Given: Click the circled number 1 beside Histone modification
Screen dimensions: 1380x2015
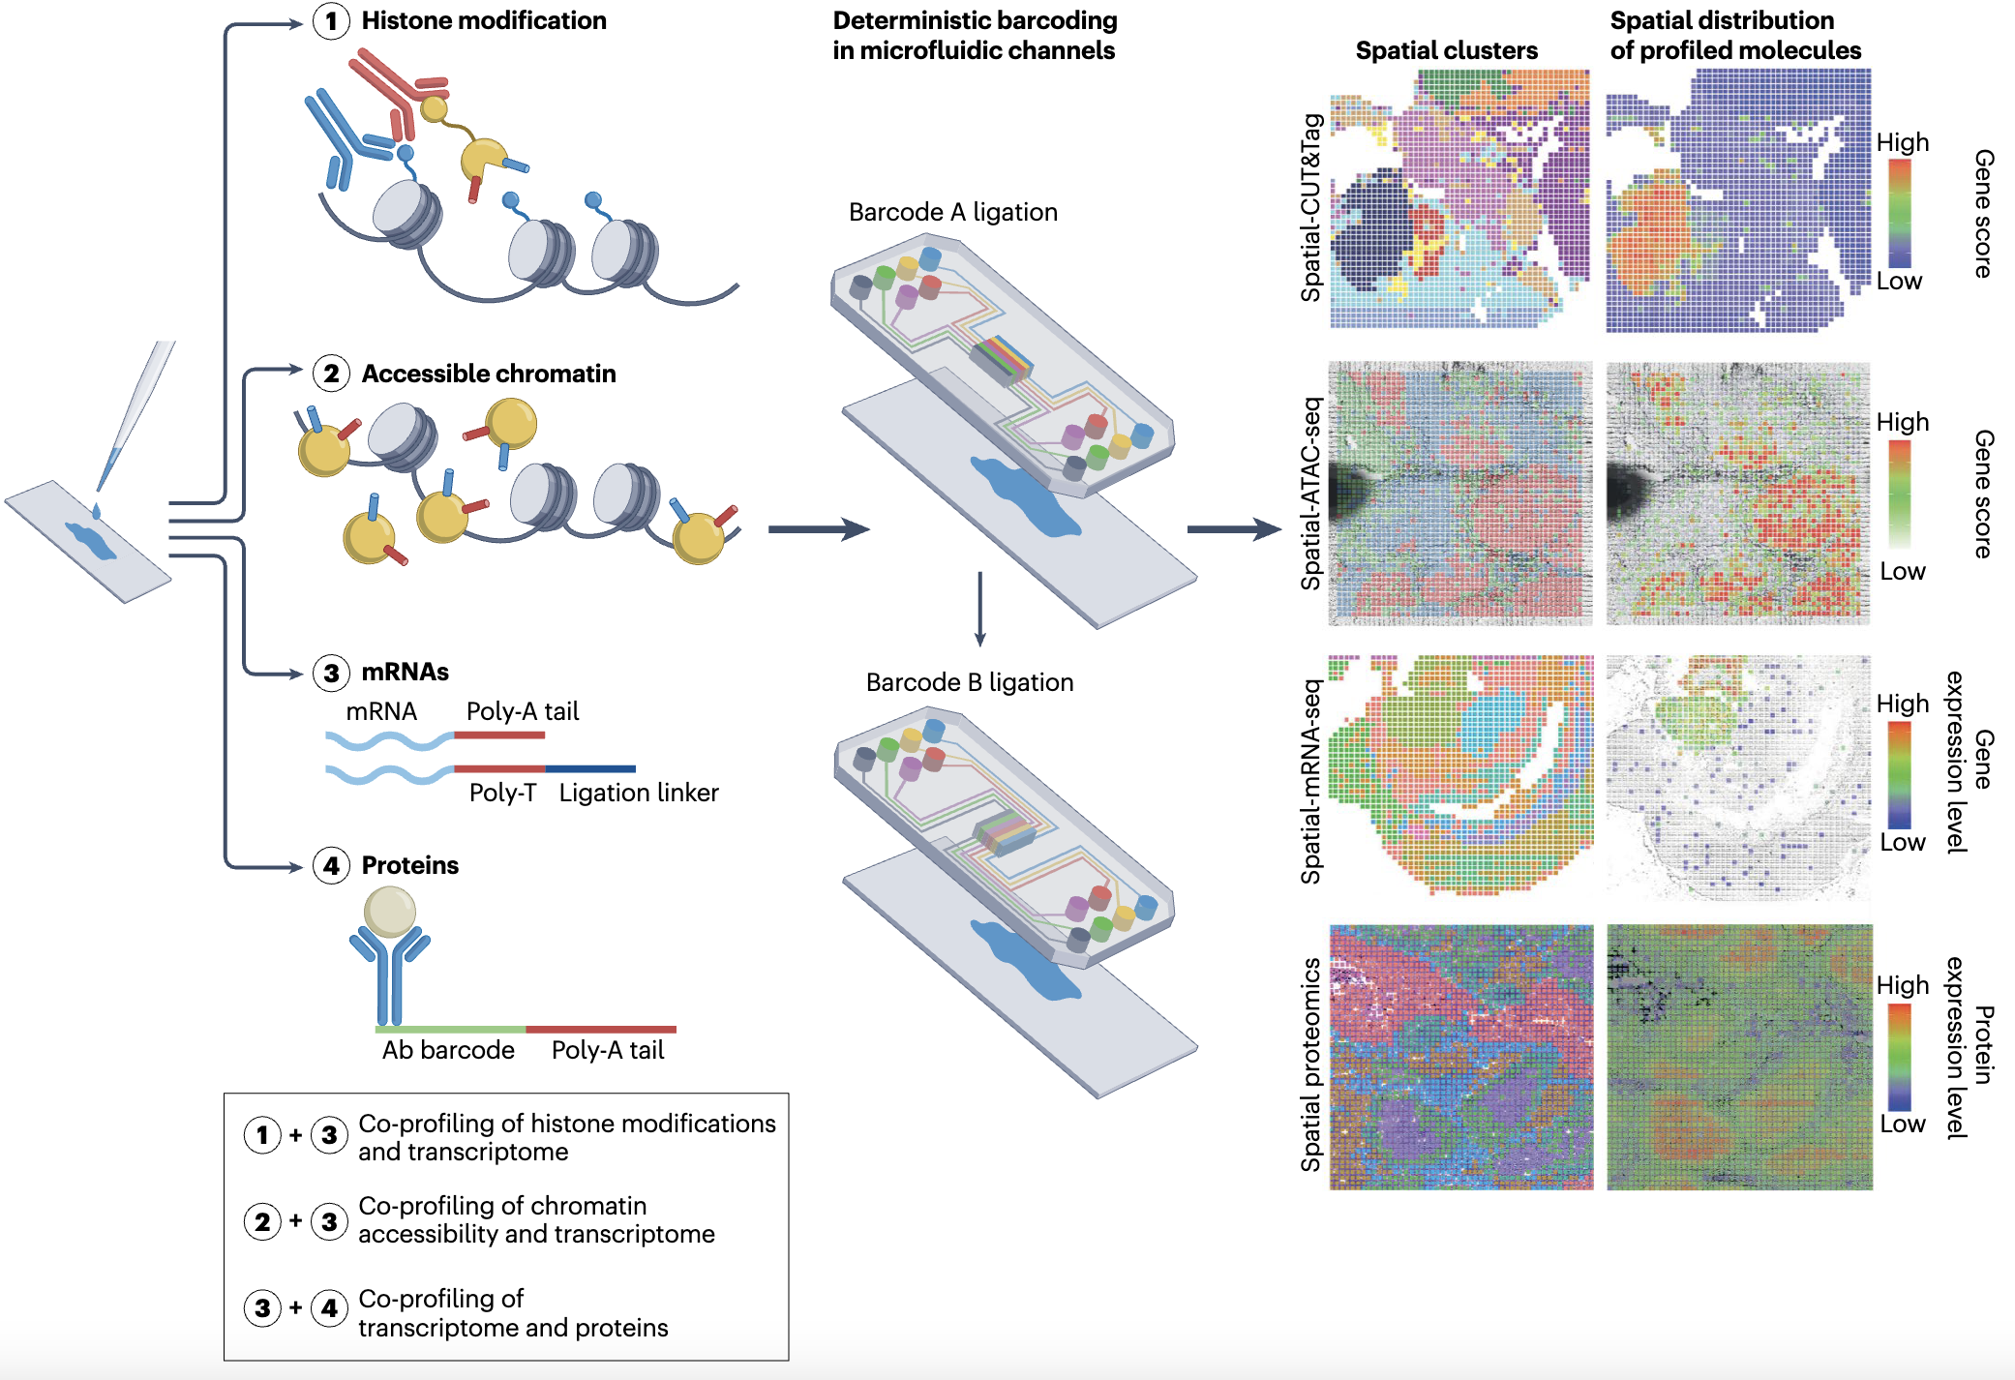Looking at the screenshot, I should pyautogui.click(x=331, y=21).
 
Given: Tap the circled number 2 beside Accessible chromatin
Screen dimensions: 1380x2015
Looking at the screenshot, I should pyautogui.click(x=331, y=374).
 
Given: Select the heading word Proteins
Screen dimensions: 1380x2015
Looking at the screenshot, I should pyautogui.click(x=409, y=865).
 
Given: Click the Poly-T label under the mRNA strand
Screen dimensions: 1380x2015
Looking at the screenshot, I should pyautogui.click(x=502, y=793).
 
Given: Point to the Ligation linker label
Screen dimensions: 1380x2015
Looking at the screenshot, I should pyautogui.click(x=639, y=793).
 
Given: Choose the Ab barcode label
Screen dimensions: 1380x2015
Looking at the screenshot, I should pyautogui.click(x=448, y=1050).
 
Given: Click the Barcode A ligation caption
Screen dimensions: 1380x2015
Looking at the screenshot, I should pyautogui.click(x=952, y=212).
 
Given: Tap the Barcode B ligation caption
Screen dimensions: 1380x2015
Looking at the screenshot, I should pyautogui.click(x=970, y=682).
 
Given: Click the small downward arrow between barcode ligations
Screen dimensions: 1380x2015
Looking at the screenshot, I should pyautogui.click(x=979, y=610).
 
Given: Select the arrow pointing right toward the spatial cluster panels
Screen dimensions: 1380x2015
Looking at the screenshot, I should pyautogui.click(x=1234, y=528).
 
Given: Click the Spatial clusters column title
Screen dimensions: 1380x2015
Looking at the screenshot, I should pyautogui.click(x=1446, y=50).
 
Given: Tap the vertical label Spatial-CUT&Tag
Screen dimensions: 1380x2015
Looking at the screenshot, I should pyautogui.click(x=1311, y=207).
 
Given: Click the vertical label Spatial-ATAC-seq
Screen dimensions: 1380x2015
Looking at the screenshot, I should pyautogui.click(x=1311, y=493).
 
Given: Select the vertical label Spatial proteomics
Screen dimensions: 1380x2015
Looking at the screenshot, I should pyautogui.click(x=1311, y=1064).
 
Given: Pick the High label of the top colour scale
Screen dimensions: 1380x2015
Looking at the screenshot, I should pyautogui.click(x=1902, y=142).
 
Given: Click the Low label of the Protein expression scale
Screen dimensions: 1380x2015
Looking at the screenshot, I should pyautogui.click(x=1902, y=1124).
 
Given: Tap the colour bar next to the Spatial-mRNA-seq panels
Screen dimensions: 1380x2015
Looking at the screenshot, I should pyautogui.click(x=1899, y=774).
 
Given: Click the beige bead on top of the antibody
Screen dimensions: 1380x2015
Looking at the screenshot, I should pyautogui.click(x=390, y=911).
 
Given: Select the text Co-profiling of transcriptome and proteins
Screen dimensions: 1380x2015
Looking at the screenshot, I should pyautogui.click(x=513, y=1312).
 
